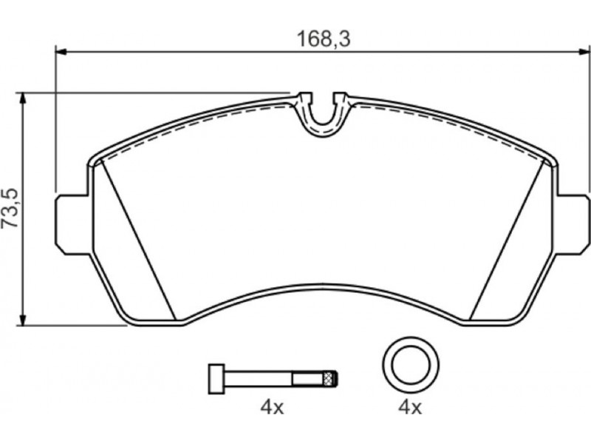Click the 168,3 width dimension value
tap(324, 39)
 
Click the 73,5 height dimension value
tap(10, 208)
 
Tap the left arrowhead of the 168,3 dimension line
tap(61, 51)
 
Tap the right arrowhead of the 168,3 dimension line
tap(585, 51)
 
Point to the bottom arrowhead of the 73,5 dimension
tap(24, 319)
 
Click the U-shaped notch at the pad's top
tap(323, 112)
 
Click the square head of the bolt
tap(216, 380)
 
